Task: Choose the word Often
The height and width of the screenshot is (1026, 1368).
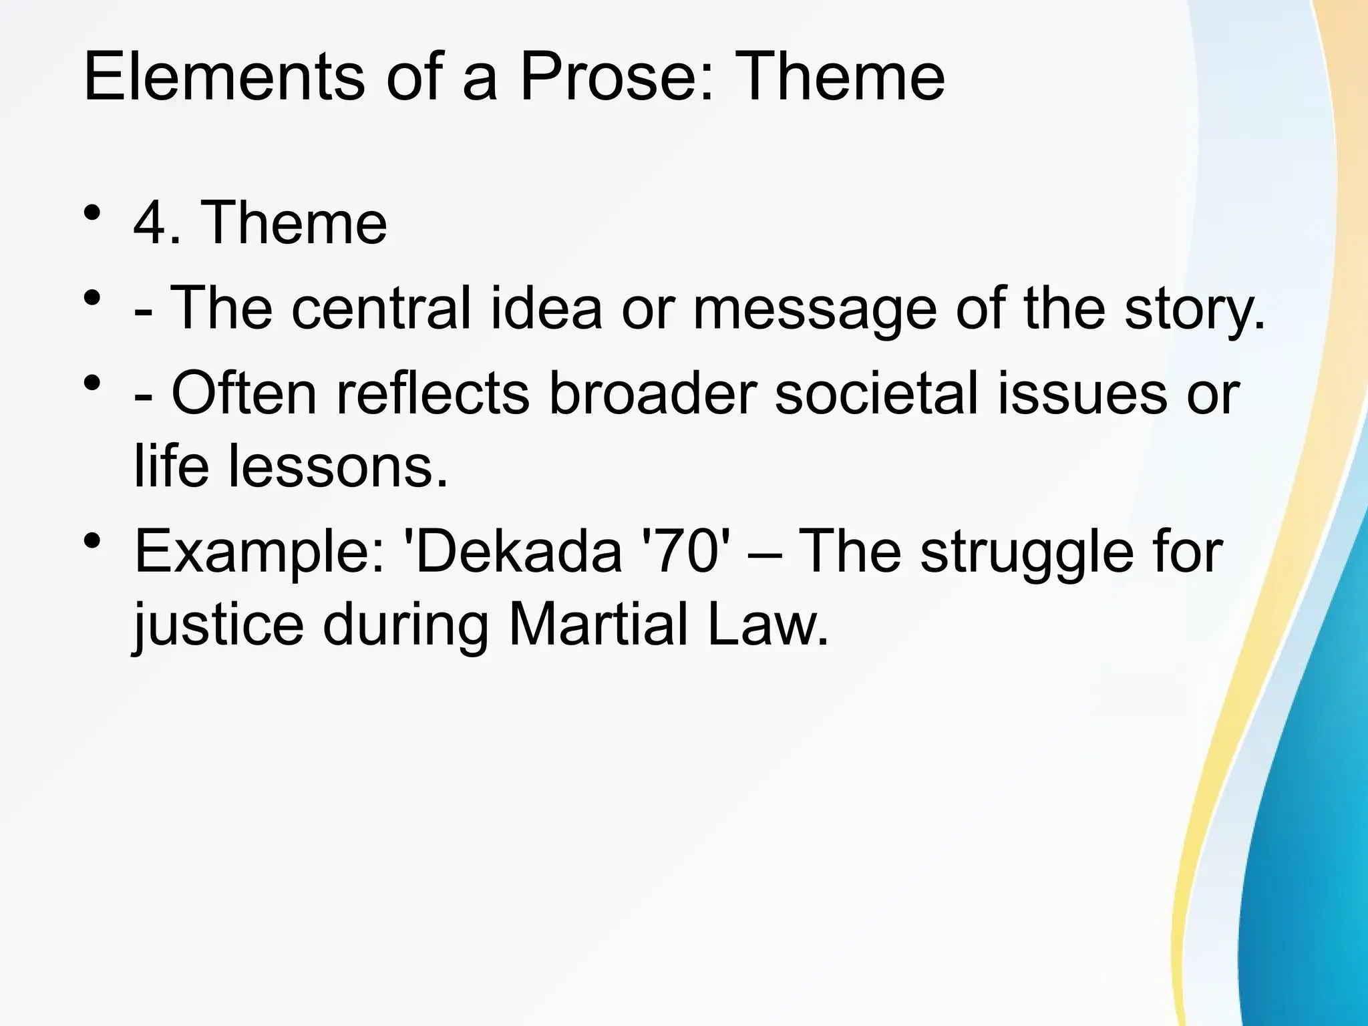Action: pyautogui.click(x=244, y=393)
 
